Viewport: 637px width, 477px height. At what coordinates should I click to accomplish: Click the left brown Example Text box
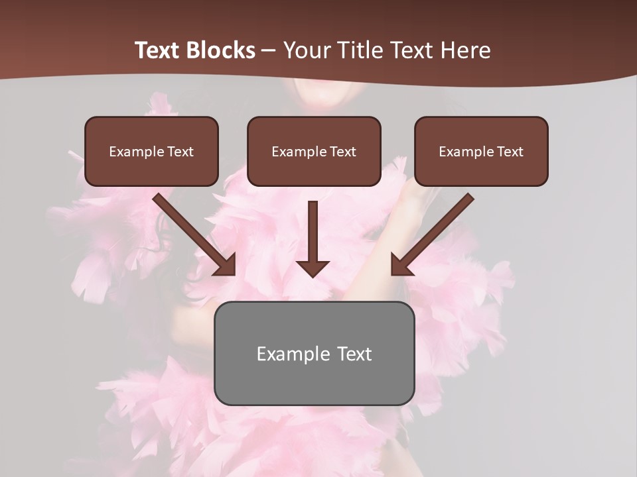click(x=151, y=152)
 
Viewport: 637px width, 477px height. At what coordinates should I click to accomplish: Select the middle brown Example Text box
click(x=314, y=152)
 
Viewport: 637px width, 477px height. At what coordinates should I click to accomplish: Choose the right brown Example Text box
click(x=481, y=152)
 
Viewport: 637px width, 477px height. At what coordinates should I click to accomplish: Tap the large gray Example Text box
click(x=314, y=353)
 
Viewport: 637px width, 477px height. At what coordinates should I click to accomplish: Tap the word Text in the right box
click(x=510, y=152)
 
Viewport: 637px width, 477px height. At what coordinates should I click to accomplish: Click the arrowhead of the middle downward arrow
click(x=313, y=268)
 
